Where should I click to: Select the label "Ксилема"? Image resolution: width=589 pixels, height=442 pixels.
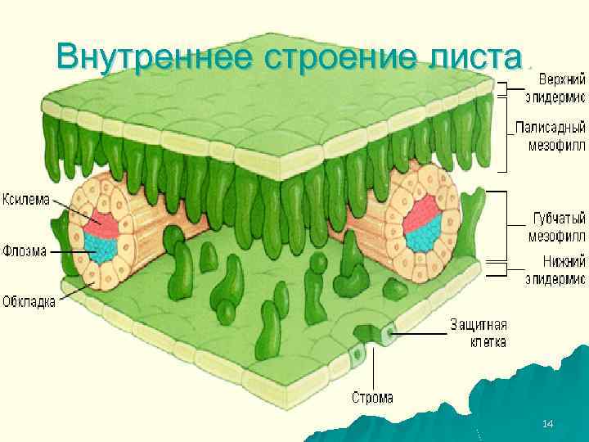(x=26, y=198)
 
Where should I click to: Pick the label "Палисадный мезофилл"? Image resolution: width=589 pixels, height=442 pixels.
(x=551, y=136)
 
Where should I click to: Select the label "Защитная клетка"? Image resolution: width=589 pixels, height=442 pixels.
(x=478, y=333)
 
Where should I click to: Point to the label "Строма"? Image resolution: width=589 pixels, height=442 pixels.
(x=372, y=398)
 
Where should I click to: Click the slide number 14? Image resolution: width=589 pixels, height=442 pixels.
(x=548, y=423)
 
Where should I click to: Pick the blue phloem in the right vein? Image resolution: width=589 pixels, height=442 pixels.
(x=423, y=237)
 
